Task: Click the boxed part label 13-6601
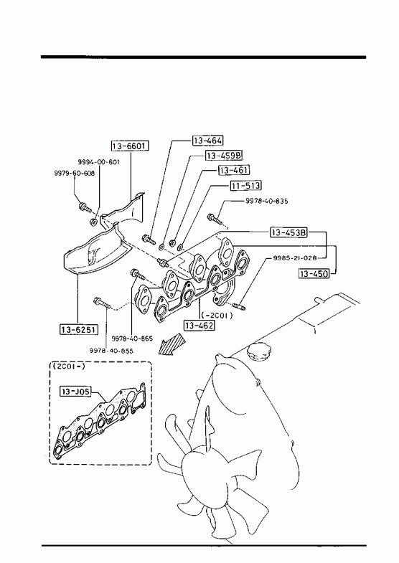(x=130, y=146)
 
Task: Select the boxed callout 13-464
(x=208, y=141)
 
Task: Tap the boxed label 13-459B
(x=224, y=156)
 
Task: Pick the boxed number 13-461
(x=234, y=170)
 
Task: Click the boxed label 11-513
(x=245, y=186)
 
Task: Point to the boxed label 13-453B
(x=289, y=232)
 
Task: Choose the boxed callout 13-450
(x=314, y=274)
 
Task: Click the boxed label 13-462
(x=199, y=326)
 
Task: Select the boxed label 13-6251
(x=79, y=329)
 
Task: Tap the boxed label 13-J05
(x=75, y=391)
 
